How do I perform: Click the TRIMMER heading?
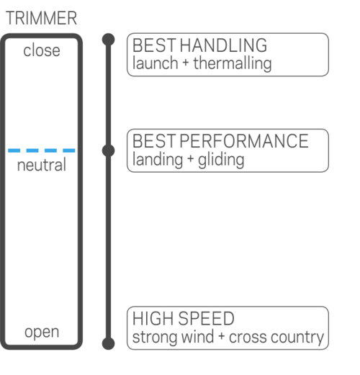point(41,18)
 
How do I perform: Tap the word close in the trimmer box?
point(42,50)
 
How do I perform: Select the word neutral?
point(42,165)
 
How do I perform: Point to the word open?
point(42,333)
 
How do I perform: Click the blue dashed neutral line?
point(42,150)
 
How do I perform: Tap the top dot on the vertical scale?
point(108,40)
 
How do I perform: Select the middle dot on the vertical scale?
point(108,150)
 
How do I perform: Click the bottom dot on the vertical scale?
point(108,343)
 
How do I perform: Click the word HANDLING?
point(223,45)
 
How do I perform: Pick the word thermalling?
point(233,63)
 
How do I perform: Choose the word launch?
point(156,63)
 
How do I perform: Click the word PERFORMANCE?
point(244,141)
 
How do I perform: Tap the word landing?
point(158,160)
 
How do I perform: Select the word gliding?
point(221,160)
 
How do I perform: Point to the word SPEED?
point(207,319)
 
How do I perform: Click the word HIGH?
point(153,319)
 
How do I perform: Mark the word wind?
point(197,337)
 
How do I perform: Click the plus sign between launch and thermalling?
point(186,63)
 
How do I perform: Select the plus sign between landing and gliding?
point(190,159)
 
